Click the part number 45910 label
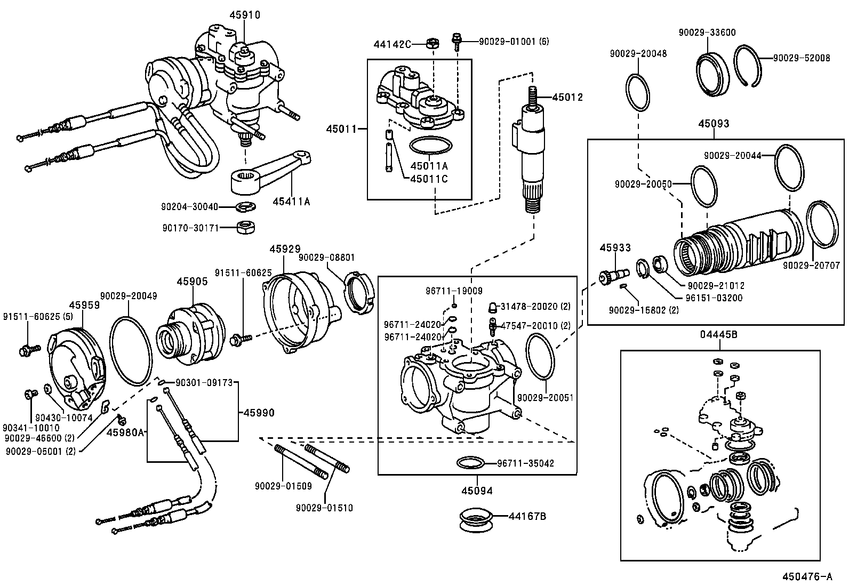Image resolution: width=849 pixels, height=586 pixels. [x=245, y=15]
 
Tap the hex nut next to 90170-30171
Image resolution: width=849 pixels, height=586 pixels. [x=245, y=227]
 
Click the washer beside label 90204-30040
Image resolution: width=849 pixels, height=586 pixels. [x=245, y=207]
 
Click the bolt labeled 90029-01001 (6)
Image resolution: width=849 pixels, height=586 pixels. [x=456, y=42]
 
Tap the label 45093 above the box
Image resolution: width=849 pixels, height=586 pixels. [x=714, y=124]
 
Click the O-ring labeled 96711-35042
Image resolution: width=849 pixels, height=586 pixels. [x=470, y=462]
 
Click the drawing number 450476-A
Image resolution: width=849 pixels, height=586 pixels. [x=807, y=576]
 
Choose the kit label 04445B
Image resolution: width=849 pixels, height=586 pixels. [x=718, y=335]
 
